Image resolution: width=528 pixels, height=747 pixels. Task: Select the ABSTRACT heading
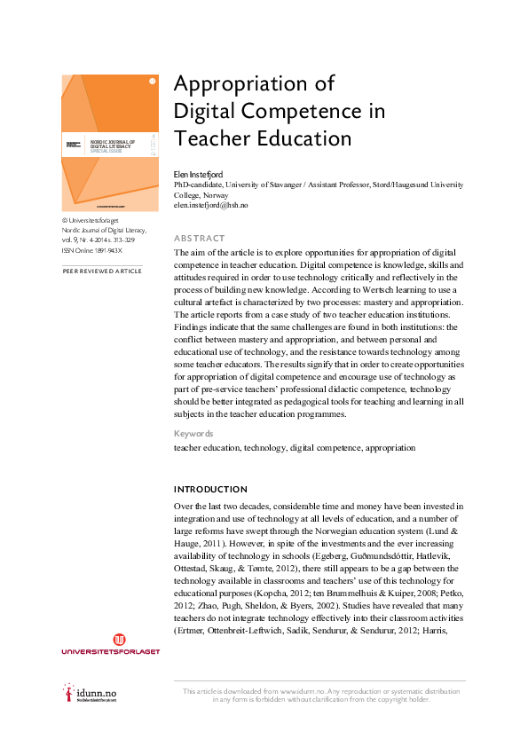200,238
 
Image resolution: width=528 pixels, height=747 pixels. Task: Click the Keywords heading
193,434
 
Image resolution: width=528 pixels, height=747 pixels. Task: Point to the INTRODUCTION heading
210,490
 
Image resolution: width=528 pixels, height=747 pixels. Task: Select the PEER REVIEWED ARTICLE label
101,271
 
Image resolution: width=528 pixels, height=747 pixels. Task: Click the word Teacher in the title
211,139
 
